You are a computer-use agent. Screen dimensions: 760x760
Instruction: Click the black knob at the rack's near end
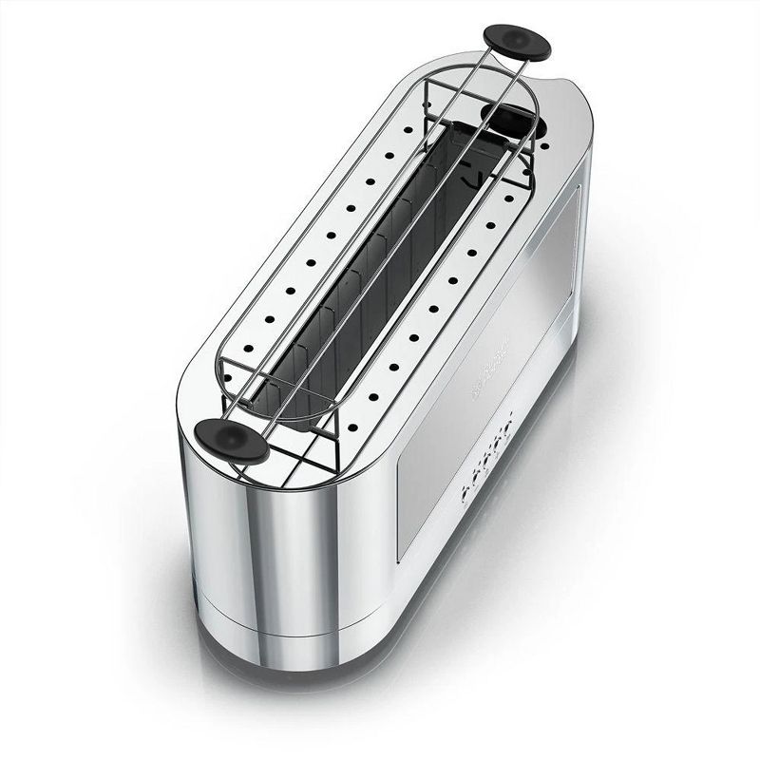pos(230,443)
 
